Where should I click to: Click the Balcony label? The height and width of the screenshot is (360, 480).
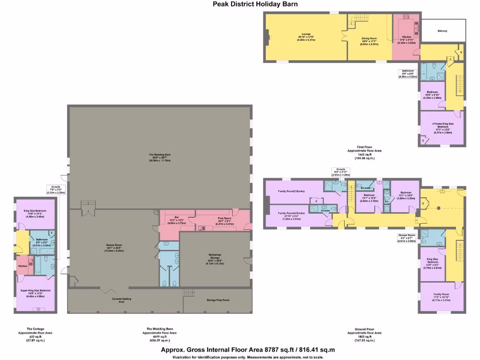(442, 31)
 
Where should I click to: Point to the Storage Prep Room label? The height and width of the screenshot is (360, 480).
(218, 300)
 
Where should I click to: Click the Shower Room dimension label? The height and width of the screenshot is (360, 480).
(406, 238)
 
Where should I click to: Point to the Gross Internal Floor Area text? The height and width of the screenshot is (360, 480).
(248, 350)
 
